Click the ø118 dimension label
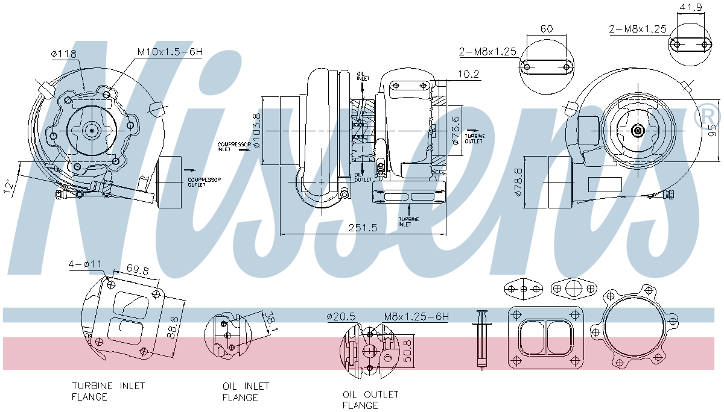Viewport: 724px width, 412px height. pos(65,54)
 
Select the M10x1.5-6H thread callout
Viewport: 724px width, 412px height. pos(170,52)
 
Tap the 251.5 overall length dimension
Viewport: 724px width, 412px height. pos(362,227)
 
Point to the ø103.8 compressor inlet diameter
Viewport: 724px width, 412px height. pos(256,131)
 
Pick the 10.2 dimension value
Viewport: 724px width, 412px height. pos(468,75)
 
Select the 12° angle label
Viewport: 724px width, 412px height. pos(8,187)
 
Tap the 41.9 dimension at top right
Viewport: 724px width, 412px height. pos(688,7)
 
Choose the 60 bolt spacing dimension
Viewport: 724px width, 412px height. pos(546,28)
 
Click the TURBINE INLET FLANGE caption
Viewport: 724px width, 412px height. pos(109,391)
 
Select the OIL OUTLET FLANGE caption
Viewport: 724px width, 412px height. pos(370,399)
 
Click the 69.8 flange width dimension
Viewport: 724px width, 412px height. pos(138,269)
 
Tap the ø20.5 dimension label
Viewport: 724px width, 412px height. pos(341,316)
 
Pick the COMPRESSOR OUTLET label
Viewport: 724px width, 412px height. pos(204,182)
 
